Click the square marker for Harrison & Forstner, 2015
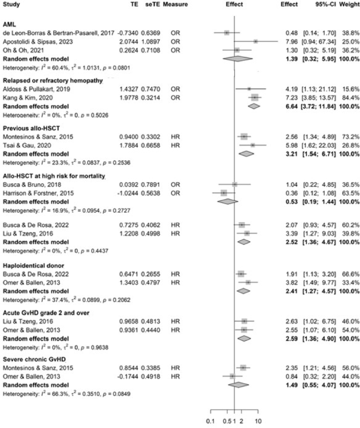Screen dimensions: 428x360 224,193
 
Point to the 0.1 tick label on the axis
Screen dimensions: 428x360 210,421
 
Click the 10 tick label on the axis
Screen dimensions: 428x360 258,421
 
